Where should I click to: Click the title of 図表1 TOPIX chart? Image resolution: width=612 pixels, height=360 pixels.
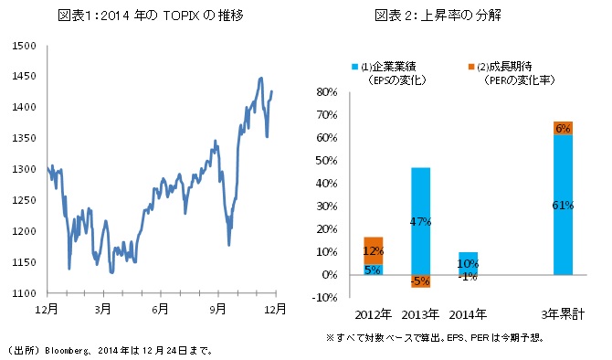point(155,16)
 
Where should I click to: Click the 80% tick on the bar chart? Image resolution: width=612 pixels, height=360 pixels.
point(327,92)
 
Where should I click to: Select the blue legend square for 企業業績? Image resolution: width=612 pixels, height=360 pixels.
point(354,67)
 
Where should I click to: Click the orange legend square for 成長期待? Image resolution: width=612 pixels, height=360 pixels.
point(466,67)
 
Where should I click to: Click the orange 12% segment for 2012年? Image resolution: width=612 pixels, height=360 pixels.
point(373,250)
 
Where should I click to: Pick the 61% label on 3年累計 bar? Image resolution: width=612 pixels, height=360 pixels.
point(563,206)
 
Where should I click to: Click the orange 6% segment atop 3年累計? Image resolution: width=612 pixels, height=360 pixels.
point(563,128)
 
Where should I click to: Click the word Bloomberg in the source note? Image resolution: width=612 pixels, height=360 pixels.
point(63,349)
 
